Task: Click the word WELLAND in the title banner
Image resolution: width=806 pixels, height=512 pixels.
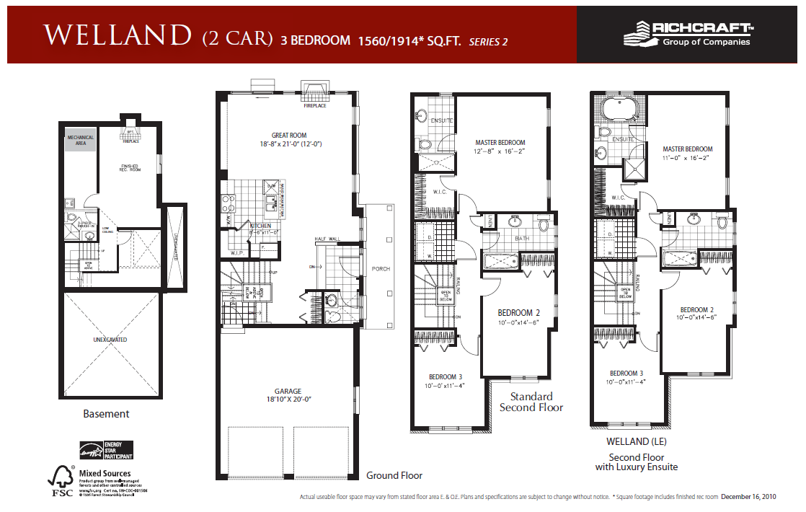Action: tap(115, 36)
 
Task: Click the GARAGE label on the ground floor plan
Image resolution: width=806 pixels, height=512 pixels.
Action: tap(287, 392)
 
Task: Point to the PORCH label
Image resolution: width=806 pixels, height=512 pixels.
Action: tap(381, 269)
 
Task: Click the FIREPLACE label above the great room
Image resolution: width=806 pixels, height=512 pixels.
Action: tap(314, 106)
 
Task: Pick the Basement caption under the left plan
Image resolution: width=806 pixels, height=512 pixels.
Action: tap(106, 414)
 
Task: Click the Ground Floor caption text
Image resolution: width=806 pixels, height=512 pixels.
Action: tap(394, 475)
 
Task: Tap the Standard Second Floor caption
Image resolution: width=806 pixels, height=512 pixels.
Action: tap(531, 402)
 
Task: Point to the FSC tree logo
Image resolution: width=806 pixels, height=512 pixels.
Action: tap(61, 480)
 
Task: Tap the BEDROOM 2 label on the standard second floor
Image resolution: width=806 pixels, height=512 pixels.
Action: tap(518, 312)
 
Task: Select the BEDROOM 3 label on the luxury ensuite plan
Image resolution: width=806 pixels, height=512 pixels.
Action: tap(626, 373)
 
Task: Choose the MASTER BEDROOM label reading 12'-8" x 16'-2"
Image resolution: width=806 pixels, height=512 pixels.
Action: tap(500, 143)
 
